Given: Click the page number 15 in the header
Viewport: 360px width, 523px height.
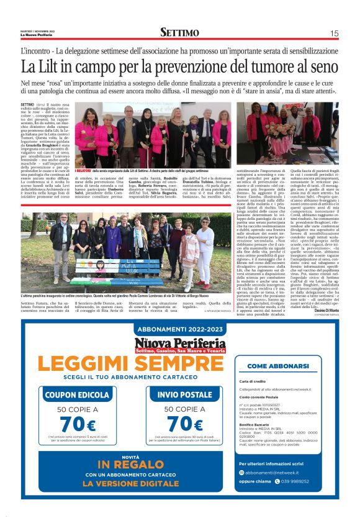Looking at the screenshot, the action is click(x=334, y=34).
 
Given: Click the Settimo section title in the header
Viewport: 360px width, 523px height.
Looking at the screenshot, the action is click(x=179, y=32).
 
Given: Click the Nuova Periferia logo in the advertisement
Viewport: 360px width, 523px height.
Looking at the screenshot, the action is click(x=180, y=345).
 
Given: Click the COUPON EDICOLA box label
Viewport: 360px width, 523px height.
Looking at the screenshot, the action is click(x=77, y=394).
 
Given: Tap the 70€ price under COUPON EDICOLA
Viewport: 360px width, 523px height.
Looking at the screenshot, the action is click(x=78, y=425).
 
